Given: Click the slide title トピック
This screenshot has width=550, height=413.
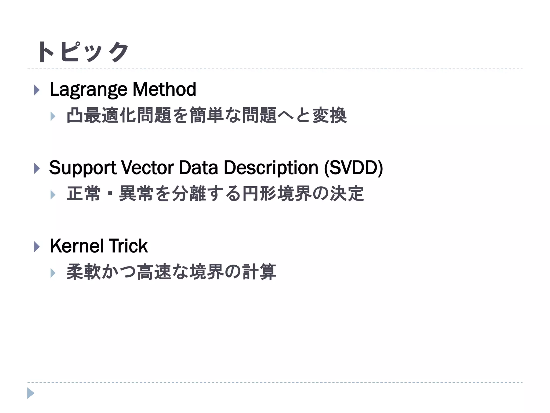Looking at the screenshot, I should pyautogui.click(x=83, y=52).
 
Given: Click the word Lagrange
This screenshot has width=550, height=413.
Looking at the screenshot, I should pyautogui.click(x=88, y=90).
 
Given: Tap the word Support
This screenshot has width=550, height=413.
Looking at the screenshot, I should pyautogui.click(x=83, y=168).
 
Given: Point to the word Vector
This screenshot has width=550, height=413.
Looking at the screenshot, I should pyautogui.click(x=147, y=168).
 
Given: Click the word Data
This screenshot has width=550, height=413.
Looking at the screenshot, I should pyautogui.click(x=198, y=168).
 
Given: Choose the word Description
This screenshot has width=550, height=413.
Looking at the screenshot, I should pyautogui.click(x=271, y=168).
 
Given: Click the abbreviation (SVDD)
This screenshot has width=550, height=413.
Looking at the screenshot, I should pyautogui.click(x=353, y=168).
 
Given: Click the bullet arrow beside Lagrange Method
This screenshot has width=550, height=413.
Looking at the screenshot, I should pyautogui.click(x=37, y=90).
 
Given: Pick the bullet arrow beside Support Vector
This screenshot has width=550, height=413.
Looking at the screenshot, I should pyautogui.click(x=37, y=169).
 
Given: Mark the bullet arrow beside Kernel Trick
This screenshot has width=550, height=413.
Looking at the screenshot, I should pyautogui.click(x=37, y=247).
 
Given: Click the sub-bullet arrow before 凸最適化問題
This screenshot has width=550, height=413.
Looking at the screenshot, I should pyautogui.click(x=53, y=116).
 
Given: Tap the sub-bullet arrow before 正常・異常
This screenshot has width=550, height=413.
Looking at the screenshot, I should pyautogui.click(x=53, y=195).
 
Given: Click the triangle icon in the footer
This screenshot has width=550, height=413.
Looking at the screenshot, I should pyautogui.click(x=31, y=393).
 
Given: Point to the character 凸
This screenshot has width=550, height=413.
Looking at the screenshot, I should pyautogui.click(x=75, y=115).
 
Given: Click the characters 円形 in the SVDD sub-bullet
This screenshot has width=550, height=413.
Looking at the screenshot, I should pyautogui.click(x=259, y=194).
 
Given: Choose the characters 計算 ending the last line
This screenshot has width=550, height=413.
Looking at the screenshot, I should pyautogui.click(x=259, y=272).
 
